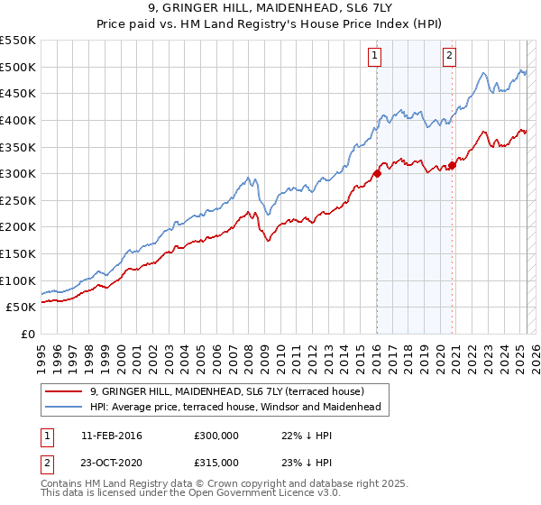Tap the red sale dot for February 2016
[x=376, y=174]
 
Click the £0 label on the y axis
[x=27, y=334]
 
